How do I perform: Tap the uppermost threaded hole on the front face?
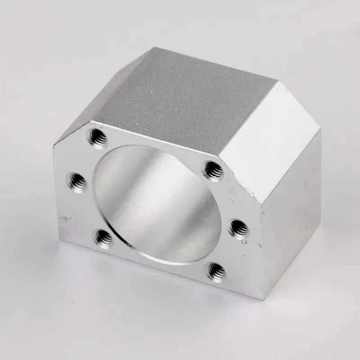pyautogui.click(x=98, y=138)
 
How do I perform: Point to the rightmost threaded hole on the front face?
pyautogui.click(x=238, y=228)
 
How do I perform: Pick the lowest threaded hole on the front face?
pyautogui.click(x=216, y=271)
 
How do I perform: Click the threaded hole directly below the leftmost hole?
pyautogui.click(x=104, y=237)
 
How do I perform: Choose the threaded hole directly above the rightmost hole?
pyautogui.click(x=213, y=170)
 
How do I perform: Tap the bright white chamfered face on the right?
pyautogui.click(x=270, y=135)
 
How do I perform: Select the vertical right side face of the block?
pyautogui.click(x=292, y=216)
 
